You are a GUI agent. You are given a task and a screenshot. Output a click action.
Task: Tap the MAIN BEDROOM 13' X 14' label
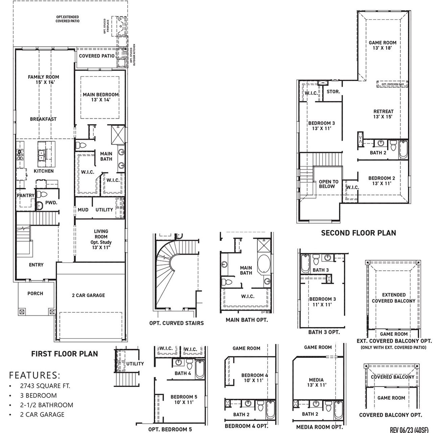pos(100,97)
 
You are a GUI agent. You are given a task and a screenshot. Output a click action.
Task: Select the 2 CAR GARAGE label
pos(88,295)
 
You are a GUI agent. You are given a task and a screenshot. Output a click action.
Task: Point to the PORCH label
pos(35,293)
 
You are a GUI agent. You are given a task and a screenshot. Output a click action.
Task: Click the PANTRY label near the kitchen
pos(26,196)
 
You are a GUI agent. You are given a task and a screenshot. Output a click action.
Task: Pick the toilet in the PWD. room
pos(42,194)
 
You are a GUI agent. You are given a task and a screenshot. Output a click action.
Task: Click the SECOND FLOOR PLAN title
pos(358,233)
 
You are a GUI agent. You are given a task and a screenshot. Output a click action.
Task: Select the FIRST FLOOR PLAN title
pos(64,354)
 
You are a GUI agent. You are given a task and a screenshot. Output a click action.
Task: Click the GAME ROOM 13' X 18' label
pos(382,45)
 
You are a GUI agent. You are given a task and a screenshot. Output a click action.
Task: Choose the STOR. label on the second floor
pos(333,92)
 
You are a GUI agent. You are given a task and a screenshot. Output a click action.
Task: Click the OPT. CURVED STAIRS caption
pos(176,323)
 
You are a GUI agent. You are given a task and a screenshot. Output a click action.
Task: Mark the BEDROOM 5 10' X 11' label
pos(184,400)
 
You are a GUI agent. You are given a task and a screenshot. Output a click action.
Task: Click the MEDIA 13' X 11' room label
pos(316,382)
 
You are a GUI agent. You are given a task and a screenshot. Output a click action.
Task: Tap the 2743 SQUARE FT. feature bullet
pos(45,386)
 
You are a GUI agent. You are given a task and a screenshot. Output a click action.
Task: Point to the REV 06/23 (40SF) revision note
pos(411,430)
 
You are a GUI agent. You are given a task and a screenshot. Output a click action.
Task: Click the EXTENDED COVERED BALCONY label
pos(393,298)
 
